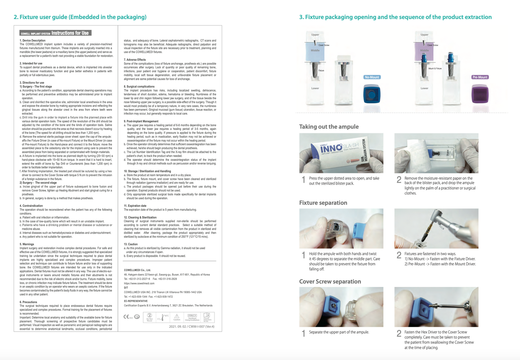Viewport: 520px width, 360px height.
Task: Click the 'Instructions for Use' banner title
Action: pyautogui.click(x=70, y=33)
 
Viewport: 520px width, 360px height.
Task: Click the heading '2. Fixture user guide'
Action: pyautogui.click(x=80, y=17)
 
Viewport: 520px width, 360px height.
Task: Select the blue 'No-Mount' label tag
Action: pyautogui.click(x=372, y=77)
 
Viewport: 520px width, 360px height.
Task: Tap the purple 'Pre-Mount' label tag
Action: pyautogui.click(x=480, y=77)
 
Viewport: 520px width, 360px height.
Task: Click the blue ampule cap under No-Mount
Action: pyautogui.click(x=372, y=94)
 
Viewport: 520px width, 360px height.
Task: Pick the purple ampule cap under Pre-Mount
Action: pyautogui.click(x=480, y=94)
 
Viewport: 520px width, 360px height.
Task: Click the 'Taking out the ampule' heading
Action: pyautogui.click(x=329, y=127)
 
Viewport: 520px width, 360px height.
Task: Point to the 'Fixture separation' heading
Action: pyautogui.click(x=323, y=203)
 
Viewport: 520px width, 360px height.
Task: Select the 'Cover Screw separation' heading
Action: pyautogui.click(x=330, y=282)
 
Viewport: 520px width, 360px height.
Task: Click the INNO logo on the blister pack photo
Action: pyautogui.click(x=331, y=148)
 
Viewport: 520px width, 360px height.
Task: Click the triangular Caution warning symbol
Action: pyautogui.click(x=177, y=316)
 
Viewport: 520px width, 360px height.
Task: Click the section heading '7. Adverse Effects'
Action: pyautogui.click(x=135, y=60)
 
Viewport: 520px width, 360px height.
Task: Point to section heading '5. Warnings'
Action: pyautogui.click(x=27, y=244)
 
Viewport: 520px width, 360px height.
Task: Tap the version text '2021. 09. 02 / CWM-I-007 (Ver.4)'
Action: pyautogui.click(x=191, y=327)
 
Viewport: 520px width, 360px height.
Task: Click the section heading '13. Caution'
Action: pyautogui.click(x=131, y=244)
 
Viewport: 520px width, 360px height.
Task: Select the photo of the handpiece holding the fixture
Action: pyautogui.click(x=436, y=228)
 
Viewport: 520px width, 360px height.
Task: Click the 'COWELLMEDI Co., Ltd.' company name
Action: pyautogui.click(x=137, y=270)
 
